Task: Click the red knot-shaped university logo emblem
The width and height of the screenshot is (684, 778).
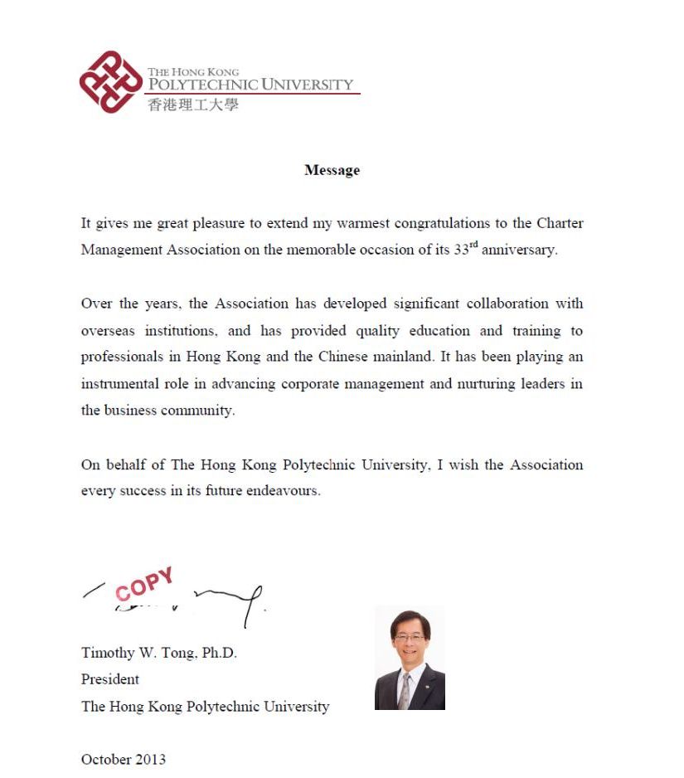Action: click(110, 81)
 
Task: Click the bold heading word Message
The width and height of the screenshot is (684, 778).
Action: click(332, 170)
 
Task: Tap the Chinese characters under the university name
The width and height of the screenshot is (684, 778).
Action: click(192, 105)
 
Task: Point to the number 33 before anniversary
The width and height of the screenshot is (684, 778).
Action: click(461, 250)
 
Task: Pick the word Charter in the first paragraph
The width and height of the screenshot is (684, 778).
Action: click(560, 224)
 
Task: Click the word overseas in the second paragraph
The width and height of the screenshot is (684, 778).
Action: click(108, 331)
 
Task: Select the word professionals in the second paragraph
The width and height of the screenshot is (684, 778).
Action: click(120, 357)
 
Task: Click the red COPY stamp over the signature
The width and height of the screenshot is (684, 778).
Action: click(144, 584)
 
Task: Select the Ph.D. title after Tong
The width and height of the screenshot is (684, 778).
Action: click(219, 653)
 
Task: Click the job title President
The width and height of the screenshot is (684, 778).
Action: click(110, 679)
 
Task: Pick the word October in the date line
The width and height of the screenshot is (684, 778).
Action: click(105, 759)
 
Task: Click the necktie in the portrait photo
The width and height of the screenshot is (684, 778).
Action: click(405, 690)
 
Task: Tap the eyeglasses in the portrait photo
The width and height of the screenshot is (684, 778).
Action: click(410, 639)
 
